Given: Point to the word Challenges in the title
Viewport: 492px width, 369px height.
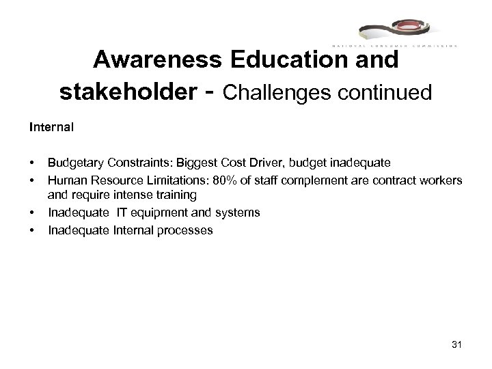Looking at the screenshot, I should pyautogui.click(x=284, y=93).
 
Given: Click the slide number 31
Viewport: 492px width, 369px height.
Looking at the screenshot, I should pyautogui.click(x=457, y=344).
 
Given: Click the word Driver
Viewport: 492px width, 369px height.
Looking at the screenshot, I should pyautogui.click(x=289, y=163).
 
